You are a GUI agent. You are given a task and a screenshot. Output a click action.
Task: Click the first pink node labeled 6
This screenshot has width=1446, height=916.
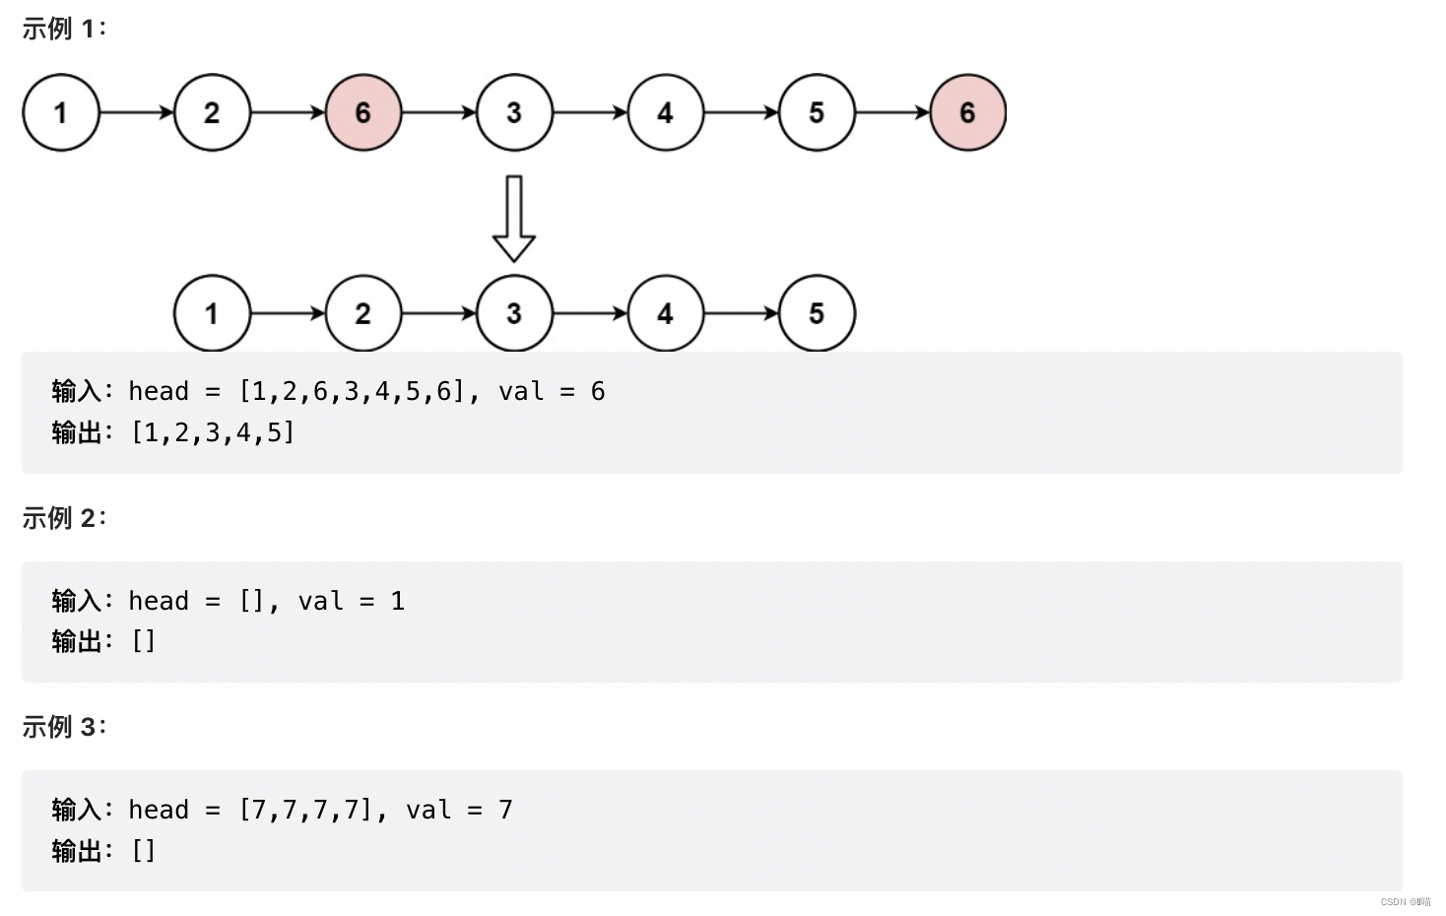tap(363, 112)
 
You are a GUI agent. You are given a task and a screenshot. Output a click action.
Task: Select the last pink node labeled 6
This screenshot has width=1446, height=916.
tap(967, 112)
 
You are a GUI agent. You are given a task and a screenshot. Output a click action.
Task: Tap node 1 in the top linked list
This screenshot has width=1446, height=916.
tap(61, 112)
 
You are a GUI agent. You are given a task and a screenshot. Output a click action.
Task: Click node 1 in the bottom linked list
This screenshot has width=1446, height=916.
tap(212, 313)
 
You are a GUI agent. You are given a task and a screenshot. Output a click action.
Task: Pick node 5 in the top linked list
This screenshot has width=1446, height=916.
tap(817, 112)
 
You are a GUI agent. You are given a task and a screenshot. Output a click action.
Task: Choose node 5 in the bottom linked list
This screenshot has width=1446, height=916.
tap(817, 313)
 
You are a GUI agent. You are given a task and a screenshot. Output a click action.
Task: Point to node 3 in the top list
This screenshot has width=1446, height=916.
tap(514, 112)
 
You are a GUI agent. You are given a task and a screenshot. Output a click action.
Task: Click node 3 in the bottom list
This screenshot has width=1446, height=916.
tap(514, 313)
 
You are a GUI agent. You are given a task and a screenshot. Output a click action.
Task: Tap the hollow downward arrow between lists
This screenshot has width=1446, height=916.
tap(513, 219)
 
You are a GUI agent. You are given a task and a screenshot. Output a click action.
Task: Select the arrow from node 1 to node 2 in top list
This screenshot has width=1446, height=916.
tap(137, 112)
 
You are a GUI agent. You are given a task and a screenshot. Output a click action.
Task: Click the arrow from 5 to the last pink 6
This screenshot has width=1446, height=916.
tap(892, 112)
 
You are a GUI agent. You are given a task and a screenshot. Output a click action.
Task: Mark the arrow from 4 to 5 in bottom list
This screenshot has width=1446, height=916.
tap(742, 313)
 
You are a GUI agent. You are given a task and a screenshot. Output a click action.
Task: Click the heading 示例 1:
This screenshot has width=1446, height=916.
tap(64, 29)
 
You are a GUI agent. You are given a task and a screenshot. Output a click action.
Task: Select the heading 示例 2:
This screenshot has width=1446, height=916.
tap(64, 517)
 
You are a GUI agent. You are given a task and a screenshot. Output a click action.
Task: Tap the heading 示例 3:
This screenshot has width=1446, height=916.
tap(64, 726)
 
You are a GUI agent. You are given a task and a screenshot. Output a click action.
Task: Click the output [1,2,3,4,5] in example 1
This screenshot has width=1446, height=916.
tap(213, 432)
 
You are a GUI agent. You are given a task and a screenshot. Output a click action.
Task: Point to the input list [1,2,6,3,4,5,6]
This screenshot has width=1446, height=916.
tap(351, 391)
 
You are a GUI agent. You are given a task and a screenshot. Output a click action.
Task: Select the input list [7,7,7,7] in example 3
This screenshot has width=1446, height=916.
tap(305, 810)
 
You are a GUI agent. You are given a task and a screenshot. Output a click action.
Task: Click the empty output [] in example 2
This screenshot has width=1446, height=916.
tap(144, 641)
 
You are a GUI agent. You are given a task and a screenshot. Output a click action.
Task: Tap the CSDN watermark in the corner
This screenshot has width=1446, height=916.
tap(1406, 901)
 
